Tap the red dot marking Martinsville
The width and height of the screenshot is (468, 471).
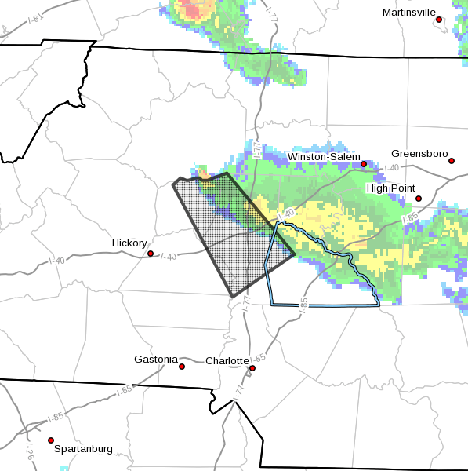pos(439,20)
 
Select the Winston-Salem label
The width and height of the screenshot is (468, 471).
pos(324,157)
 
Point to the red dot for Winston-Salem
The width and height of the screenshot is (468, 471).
pos(364,165)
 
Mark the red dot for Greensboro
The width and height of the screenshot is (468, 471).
pos(452,161)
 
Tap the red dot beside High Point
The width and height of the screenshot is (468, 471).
pos(419,199)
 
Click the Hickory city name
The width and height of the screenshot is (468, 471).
pos(129,243)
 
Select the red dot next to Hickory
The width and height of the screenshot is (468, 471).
pos(151,254)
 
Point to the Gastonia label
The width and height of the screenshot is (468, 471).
pos(157,359)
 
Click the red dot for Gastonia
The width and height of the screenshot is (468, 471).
pos(182,367)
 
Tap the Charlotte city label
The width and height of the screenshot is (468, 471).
pos(227,361)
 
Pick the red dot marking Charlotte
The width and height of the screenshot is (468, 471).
pos(252,368)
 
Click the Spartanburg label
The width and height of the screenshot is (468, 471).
pos(83,449)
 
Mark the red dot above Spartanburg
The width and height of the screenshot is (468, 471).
pos(51,440)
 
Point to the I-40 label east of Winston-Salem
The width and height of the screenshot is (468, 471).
pos(391,168)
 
